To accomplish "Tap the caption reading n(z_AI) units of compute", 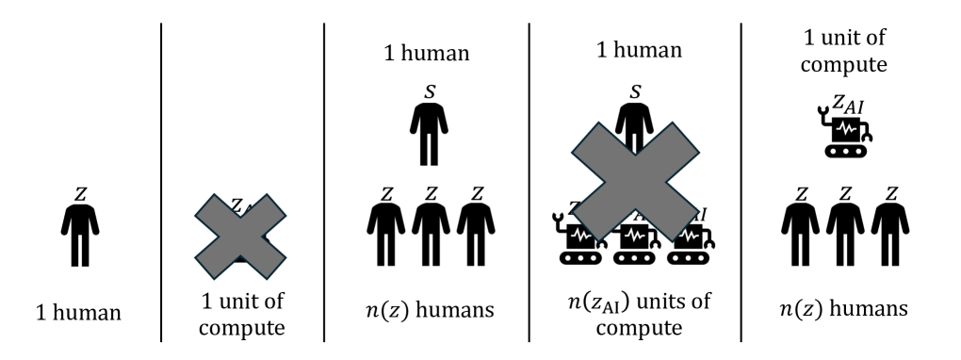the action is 634,316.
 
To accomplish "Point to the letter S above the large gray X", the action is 634,91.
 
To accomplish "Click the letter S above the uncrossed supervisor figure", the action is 431,91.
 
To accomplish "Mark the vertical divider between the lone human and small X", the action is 161,179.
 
